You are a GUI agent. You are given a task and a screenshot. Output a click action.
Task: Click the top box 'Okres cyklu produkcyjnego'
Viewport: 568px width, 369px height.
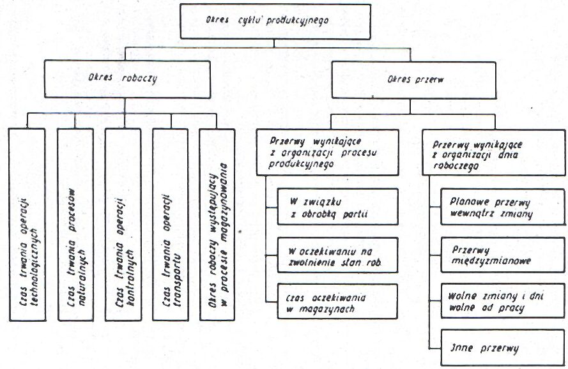(275, 21)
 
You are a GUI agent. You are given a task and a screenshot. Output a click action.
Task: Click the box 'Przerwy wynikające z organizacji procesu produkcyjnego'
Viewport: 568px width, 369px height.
(328, 152)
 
